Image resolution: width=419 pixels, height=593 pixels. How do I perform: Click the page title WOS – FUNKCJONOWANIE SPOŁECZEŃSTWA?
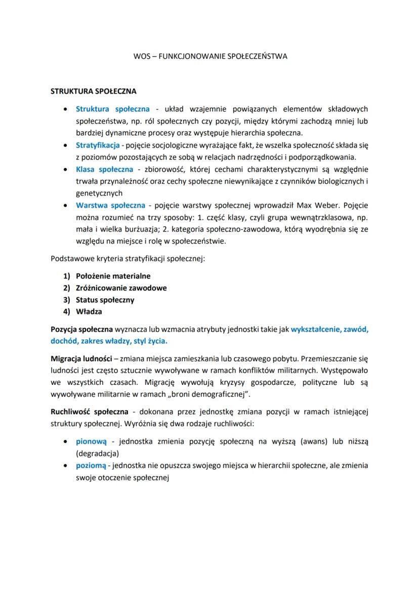(x=209, y=57)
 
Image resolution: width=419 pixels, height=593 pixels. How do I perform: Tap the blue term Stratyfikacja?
(x=98, y=145)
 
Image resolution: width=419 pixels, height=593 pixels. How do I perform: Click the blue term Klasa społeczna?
(x=104, y=169)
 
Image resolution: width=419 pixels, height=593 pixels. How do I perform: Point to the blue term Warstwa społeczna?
(x=110, y=205)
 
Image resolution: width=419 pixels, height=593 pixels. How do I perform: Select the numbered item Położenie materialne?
(x=113, y=276)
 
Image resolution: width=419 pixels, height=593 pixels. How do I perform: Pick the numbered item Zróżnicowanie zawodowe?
(x=121, y=288)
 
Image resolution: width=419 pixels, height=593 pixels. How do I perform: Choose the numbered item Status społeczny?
(x=105, y=300)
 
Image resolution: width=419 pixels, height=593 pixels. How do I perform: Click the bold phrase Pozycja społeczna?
(x=82, y=329)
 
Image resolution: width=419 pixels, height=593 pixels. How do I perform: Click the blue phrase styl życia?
(x=149, y=340)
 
